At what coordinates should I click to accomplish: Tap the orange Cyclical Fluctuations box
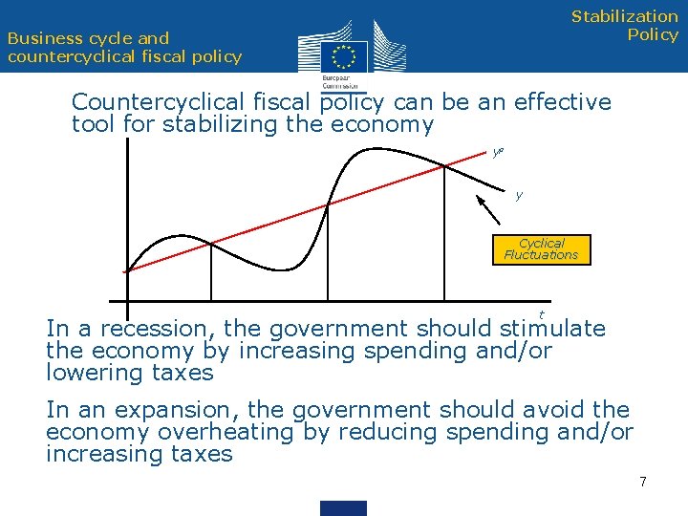(x=541, y=249)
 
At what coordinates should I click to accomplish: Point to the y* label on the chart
(x=498, y=151)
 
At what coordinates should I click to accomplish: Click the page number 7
(x=643, y=482)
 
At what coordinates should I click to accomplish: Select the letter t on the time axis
(x=542, y=314)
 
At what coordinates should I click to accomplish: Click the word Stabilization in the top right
(x=624, y=16)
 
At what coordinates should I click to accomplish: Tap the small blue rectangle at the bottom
(x=343, y=507)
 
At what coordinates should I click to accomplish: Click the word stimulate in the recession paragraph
(x=552, y=330)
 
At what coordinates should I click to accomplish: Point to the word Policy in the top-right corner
(x=652, y=35)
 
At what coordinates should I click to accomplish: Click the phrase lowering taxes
(x=129, y=373)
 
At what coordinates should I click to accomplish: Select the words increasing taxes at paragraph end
(x=139, y=454)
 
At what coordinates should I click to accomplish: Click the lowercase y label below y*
(x=519, y=196)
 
